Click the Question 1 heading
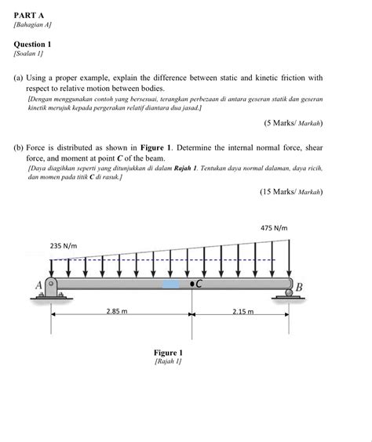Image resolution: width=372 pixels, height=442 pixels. [34, 45]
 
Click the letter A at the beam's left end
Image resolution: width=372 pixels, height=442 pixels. [38, 286]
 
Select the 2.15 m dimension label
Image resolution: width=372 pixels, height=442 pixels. [243, 311]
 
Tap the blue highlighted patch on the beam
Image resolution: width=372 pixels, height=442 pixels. [170, 284]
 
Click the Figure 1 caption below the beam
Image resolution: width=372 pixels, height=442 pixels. [168, 353]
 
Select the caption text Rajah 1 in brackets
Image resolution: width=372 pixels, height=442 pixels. [168, 362]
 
